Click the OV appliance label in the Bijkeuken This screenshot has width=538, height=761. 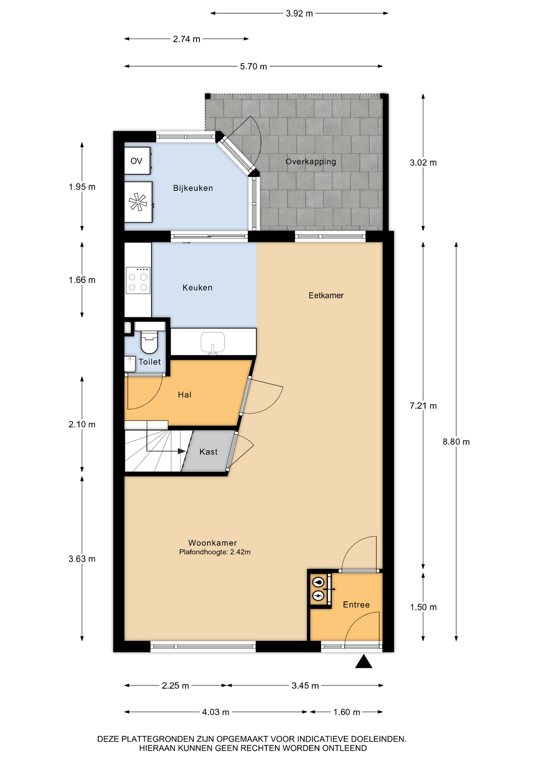136,161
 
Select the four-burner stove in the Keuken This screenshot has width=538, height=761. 138,281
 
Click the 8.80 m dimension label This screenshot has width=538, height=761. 456,442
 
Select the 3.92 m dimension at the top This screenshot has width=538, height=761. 299,13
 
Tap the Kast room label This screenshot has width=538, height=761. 208,452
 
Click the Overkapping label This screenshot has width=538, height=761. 311,162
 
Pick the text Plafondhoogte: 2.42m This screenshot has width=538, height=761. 215,552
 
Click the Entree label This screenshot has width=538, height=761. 356,604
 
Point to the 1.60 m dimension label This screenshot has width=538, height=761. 347,712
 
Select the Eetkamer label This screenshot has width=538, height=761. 326,295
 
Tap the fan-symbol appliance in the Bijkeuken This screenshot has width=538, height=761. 138,202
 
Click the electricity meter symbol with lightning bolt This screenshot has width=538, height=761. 319,595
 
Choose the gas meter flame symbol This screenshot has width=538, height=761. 319,582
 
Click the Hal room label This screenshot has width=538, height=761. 185,395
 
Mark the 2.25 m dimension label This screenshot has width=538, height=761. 175,686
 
